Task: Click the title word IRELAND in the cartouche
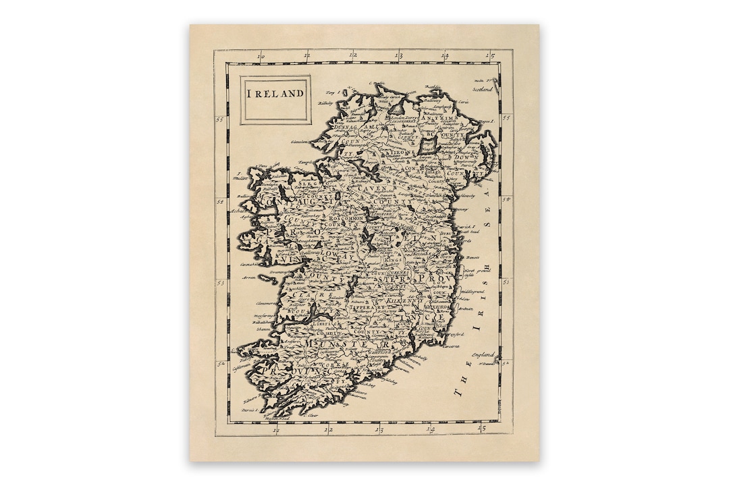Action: pos(275,94)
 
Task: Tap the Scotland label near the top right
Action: pos(483,88)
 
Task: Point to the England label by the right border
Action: pos(483,354)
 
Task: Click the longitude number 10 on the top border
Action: pos(261,57)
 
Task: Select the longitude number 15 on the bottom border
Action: pos(481,428)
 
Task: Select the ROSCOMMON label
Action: pos(346,219)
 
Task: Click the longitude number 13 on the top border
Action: pos(398,57)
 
